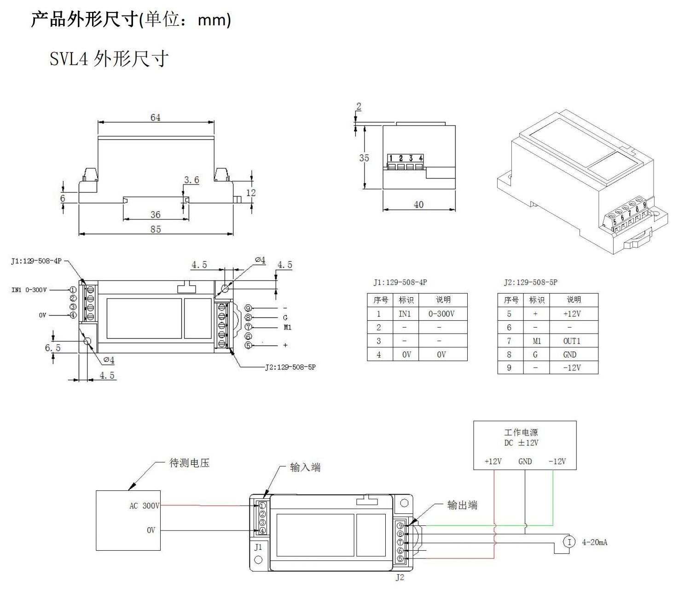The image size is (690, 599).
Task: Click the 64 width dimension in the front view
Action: click(156, 117)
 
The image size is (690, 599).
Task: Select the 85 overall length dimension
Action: click(156, 229)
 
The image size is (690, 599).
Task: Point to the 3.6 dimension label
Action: click(191, 180)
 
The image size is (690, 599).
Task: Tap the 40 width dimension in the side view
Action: click(418, 204)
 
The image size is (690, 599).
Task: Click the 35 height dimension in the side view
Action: click(364, 158)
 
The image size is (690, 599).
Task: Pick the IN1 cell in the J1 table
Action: click(405, 314)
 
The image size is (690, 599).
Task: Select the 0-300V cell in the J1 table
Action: click(441, 314)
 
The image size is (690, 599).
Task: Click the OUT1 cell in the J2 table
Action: click(572, 341)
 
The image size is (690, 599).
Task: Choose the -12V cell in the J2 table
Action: click(572, 368)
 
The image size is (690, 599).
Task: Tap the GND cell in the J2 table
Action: click(570, 355)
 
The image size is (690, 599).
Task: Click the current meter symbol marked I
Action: click(569, 542)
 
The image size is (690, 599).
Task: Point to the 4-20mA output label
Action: click(594, 542)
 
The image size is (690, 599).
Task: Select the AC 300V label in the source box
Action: click(144, 506)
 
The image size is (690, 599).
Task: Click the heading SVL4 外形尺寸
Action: click(109, 59)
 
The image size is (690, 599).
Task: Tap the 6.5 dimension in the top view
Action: click(52, 347)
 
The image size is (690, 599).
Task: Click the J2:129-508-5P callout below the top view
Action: click(290, 367)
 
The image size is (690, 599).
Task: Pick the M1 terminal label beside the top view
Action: click(287, 328)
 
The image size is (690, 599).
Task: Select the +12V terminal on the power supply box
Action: click(493, 461)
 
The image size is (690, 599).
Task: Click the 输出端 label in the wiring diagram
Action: click(462, 505)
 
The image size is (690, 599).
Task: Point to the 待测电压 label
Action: click(189, 463)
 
